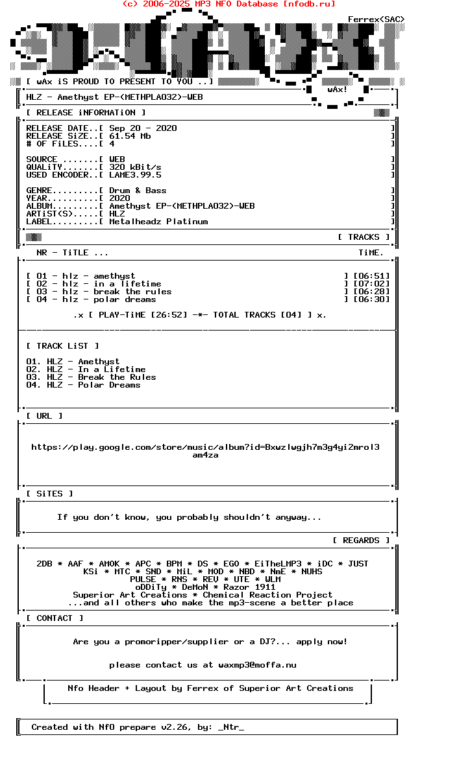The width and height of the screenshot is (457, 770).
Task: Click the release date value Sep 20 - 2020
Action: (x=143, y=128)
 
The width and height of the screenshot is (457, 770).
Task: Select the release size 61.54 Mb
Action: (x=130, y=136)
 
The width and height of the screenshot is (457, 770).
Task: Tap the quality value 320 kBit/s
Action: (x=135, y=167)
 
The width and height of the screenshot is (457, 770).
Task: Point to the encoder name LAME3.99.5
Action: (x=135, y=175)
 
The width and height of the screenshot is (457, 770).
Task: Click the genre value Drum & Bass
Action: (x=138, y=191)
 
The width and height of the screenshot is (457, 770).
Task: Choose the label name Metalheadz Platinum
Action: (x=158, y=222)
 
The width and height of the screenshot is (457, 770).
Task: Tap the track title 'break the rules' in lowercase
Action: (x=132, y=292)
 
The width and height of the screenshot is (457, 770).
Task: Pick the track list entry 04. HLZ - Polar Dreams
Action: (x=83, y=385)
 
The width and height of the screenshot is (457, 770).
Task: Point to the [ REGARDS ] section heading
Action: (x=361, y=541)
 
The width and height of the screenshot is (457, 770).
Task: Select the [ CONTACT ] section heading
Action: (x=55, y=618)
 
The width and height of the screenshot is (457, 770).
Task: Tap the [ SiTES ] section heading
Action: (x=49, y=494)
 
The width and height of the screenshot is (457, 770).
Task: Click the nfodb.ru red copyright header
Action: (x=228, y=4)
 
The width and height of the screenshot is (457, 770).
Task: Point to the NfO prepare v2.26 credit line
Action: (x=138, y=727)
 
